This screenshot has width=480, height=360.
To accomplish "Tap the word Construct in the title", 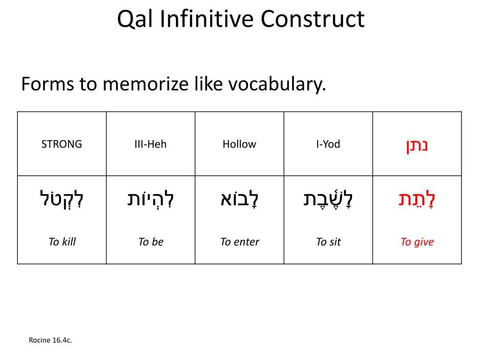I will click(x=313, y=20).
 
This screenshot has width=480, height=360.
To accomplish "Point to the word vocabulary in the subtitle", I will click(x=277, y=84).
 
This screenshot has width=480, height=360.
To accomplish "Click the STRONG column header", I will click(x=61, y=144).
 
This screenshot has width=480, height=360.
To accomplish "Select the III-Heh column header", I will click(x=150, y=144).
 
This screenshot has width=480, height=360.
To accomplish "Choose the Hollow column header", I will click(x=239, y=144).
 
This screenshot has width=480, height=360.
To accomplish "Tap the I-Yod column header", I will click(x=328, y=144).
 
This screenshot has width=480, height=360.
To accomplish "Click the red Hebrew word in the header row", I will click(x=417, y=145).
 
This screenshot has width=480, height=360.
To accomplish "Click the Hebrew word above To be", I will click(x=150, y=199).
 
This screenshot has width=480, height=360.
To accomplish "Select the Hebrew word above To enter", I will click(x=239, y=199).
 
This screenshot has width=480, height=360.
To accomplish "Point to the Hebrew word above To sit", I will click(x=328, y=199).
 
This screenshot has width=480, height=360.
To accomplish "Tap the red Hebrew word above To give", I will click(x=417, y=199).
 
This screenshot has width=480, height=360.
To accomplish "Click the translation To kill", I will click(x=62, y=242).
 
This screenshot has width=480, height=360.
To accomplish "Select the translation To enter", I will click(x=240, y=242).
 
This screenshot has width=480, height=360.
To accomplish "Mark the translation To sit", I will click(x=328, y=242).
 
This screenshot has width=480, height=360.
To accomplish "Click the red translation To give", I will click(x=417, y=242).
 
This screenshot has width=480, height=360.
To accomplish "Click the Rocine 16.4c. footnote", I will click(x=50, y=340).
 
